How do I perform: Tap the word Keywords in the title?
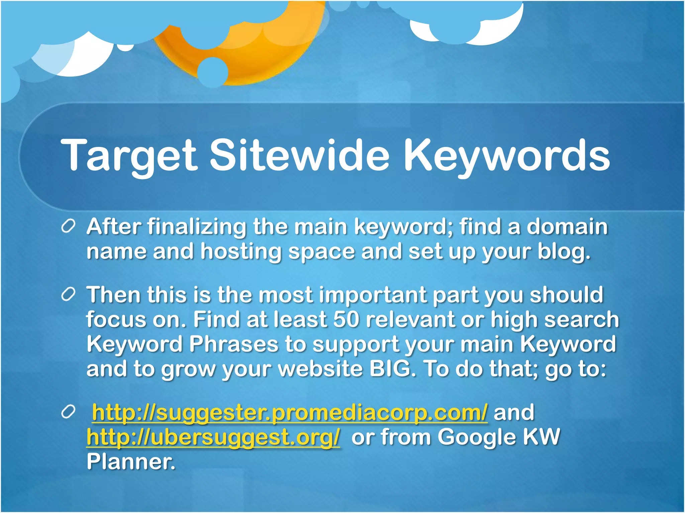(x=506, y=155)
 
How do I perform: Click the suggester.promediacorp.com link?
(x=290, y=412)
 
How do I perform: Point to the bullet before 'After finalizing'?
(x=68, y=227)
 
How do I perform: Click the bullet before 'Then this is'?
(x=68, y=295)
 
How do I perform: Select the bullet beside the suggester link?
(x=68, y=413)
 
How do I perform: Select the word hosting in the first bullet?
(x=241, y=252)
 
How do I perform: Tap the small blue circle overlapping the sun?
(x=212, y=72)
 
